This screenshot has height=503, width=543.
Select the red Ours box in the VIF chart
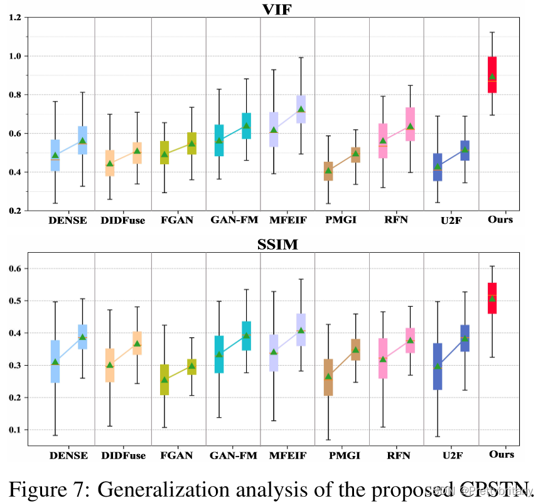coord(492,75)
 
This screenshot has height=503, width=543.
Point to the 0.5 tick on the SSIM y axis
coord(14,301)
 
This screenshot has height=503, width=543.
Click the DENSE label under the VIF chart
coord(68,220)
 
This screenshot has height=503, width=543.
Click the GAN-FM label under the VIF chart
coord(233,220)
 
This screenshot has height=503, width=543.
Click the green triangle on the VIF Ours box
coord(492,77)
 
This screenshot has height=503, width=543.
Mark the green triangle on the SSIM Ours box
coord(492,299)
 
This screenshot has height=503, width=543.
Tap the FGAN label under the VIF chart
coord(178,220)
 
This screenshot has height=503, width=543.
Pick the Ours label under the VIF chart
coord(500,219)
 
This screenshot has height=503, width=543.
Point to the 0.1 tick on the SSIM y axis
coord(14,430)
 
